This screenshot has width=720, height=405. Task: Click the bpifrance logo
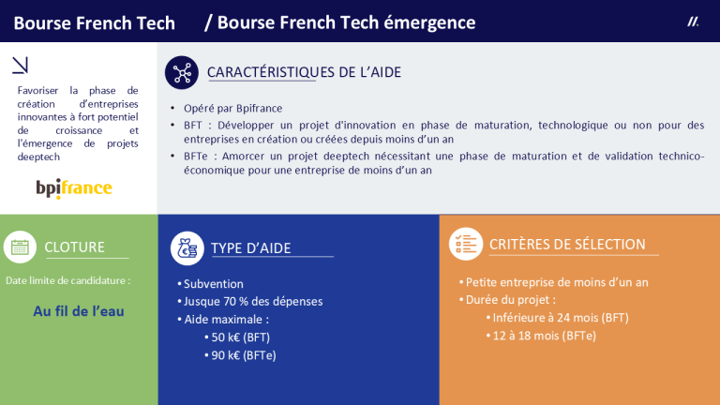74,188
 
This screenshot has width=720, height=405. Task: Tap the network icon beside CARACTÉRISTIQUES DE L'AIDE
180,73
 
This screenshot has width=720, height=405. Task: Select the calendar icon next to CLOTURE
20,247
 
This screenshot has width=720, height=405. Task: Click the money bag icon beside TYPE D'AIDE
187,247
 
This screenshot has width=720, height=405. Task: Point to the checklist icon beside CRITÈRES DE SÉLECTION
465,244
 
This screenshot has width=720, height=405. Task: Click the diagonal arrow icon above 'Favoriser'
20,65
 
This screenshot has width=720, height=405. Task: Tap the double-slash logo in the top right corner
693,21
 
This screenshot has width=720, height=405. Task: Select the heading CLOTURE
75,247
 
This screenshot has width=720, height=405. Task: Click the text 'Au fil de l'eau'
79,311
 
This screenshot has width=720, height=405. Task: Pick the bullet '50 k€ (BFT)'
241,337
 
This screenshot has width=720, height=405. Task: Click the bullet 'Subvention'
213,284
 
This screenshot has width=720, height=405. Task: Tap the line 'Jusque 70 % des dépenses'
252,302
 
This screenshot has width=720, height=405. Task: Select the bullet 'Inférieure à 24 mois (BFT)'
560,318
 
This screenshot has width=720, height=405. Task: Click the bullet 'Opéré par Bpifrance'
232,108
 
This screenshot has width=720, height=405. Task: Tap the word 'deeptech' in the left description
38,157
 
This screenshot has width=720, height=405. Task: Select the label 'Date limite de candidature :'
68,280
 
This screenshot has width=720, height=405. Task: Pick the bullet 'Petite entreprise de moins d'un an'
557,282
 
